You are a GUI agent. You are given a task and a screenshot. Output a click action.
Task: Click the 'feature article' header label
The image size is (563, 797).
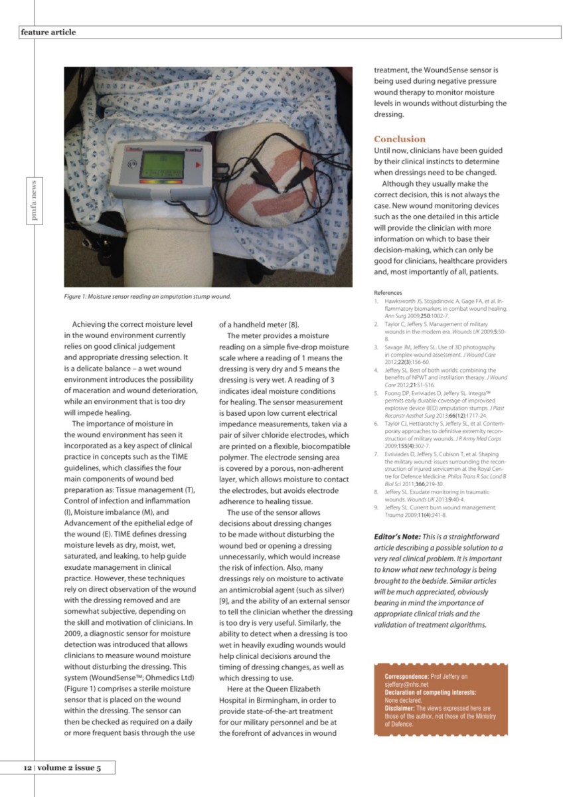click(x=48, y=32)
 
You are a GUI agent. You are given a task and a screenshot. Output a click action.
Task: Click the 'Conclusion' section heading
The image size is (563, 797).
click(x=400, y=139)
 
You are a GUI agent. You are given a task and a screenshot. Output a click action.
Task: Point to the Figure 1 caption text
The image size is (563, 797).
click(x=147, y=296)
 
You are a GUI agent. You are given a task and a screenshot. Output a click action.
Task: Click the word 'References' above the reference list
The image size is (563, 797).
click(x=388, y=292)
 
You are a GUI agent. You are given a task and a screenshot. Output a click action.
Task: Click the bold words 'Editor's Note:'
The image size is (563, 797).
click(x=399, y=537)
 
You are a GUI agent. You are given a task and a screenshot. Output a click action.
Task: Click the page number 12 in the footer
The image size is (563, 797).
click(x=27, y=768)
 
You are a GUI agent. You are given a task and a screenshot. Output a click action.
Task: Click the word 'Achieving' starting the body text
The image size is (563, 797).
click(x=92, y=325)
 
